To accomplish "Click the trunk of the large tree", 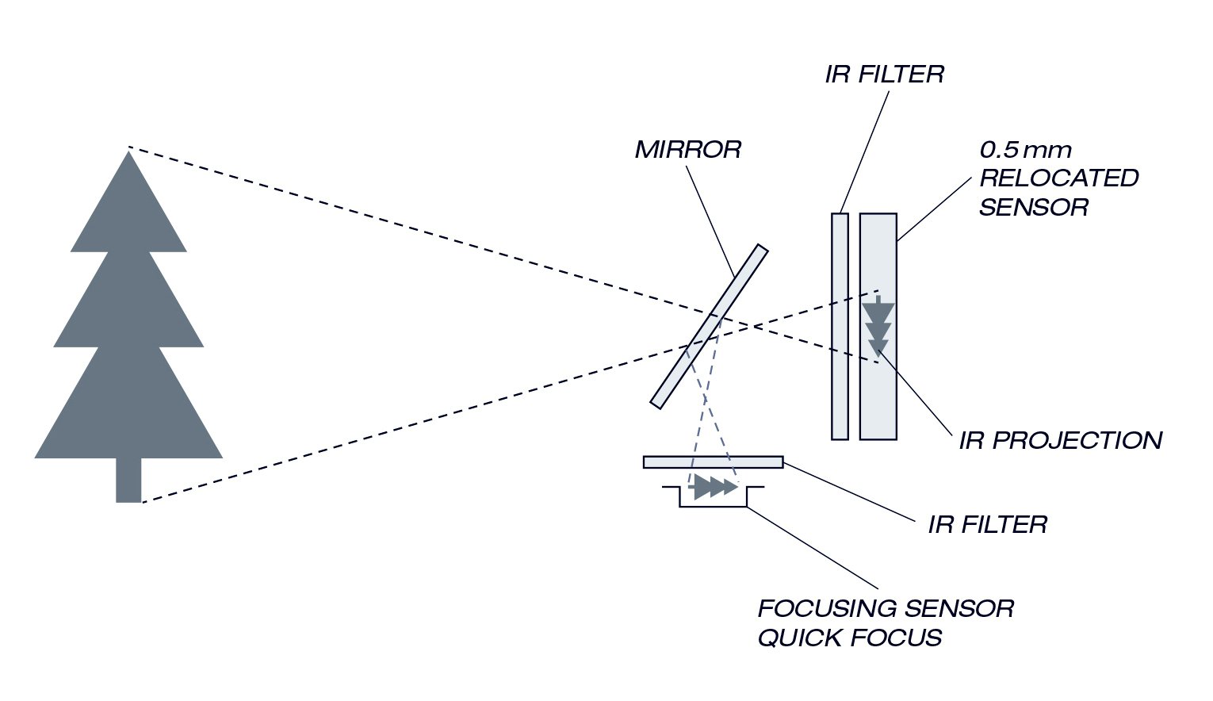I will click(128, 480).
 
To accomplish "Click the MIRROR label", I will click(687, 149).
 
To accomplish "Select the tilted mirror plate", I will click(709, 326).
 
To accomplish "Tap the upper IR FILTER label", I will click(884, 75).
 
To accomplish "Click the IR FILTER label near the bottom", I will click(987, 524).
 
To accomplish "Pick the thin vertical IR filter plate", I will click(840, 326).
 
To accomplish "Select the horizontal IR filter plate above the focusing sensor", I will click(713, 462).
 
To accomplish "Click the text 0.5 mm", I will click(1025, 149).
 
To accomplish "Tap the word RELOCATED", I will click(1058, 178).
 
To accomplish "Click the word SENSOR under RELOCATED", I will click(1033, 207).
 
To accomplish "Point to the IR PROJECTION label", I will click(1060, 440).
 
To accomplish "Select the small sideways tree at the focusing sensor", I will click(714, 487).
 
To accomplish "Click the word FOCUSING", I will click(827, 608).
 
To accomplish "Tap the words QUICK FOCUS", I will click(849, 638).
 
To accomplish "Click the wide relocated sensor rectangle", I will click(878, 396).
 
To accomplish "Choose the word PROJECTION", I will click(1083, 440).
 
